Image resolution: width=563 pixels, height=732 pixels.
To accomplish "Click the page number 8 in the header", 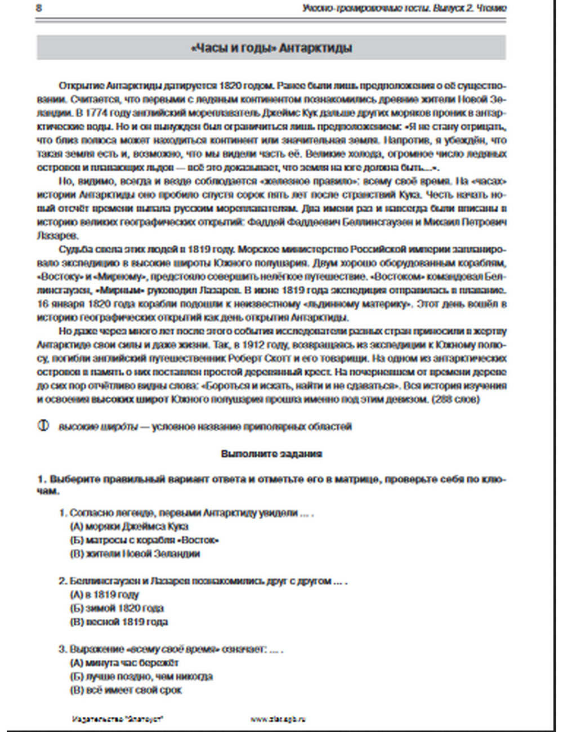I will [x=38, y=8].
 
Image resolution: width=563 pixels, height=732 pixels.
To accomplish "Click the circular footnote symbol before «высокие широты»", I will [x=43, y=426].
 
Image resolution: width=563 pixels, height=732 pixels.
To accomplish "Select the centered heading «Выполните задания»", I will [x=271, y=454].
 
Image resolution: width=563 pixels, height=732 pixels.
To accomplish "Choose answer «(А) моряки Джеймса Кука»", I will [x=129, y=526].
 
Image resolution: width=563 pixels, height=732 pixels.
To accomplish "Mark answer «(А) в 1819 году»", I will [x=105, y=595].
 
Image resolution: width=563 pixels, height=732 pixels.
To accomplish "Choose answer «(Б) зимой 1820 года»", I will [x=117, y=608].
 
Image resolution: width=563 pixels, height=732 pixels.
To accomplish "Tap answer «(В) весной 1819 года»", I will [x=119, y=622].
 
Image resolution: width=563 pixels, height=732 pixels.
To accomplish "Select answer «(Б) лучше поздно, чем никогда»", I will [x=141, y=676].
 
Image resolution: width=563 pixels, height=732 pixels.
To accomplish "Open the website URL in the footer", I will [x=278, y=719].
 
